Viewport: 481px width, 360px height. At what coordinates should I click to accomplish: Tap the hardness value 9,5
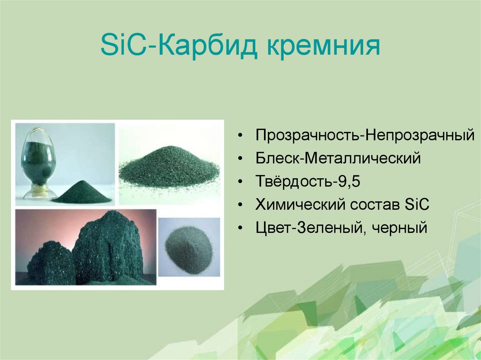(347, 182)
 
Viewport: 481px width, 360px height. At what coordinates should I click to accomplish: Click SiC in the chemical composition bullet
(417, 205)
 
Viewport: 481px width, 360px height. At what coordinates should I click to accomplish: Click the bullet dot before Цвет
(240, 229)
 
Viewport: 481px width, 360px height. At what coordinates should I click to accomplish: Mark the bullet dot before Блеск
(240, 159)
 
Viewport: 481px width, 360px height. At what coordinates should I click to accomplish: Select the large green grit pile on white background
(169, 168)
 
